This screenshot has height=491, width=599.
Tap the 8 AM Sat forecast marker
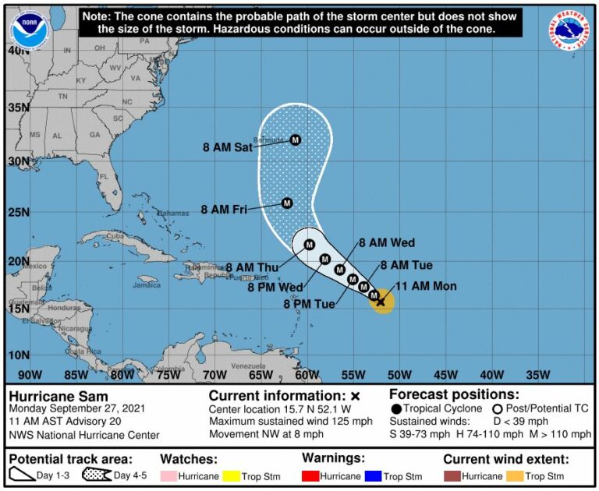pos(296,140)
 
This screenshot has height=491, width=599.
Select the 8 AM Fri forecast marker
pos(286,203)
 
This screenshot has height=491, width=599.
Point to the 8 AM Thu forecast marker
pos(310,245)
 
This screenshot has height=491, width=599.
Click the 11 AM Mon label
pos(427,286)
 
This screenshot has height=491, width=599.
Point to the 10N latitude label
pos(19,355)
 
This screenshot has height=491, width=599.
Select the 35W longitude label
pos(537,374)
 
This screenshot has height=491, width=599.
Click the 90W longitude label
pos(30,374)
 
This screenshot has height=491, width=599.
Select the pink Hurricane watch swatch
pos(170,476)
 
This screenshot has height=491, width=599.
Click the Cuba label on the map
pos(115,237)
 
